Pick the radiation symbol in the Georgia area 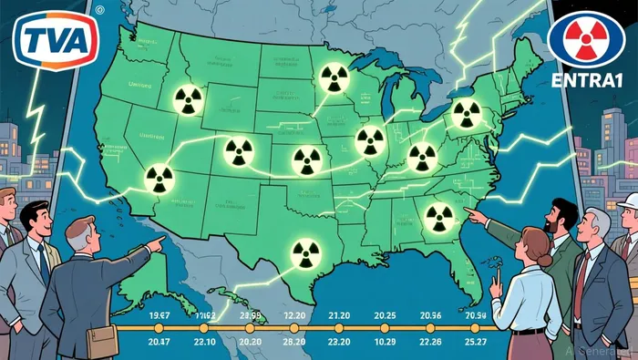point(438,216)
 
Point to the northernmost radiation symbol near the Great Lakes point(332,80)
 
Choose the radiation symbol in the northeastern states point(466,114)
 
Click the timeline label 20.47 point(159,340)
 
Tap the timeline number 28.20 point(293,340)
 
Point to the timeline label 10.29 point(386,340)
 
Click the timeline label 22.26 point(431,340)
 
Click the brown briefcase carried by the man point(102,341)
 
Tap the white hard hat point(628,203)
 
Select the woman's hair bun point(543,261)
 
